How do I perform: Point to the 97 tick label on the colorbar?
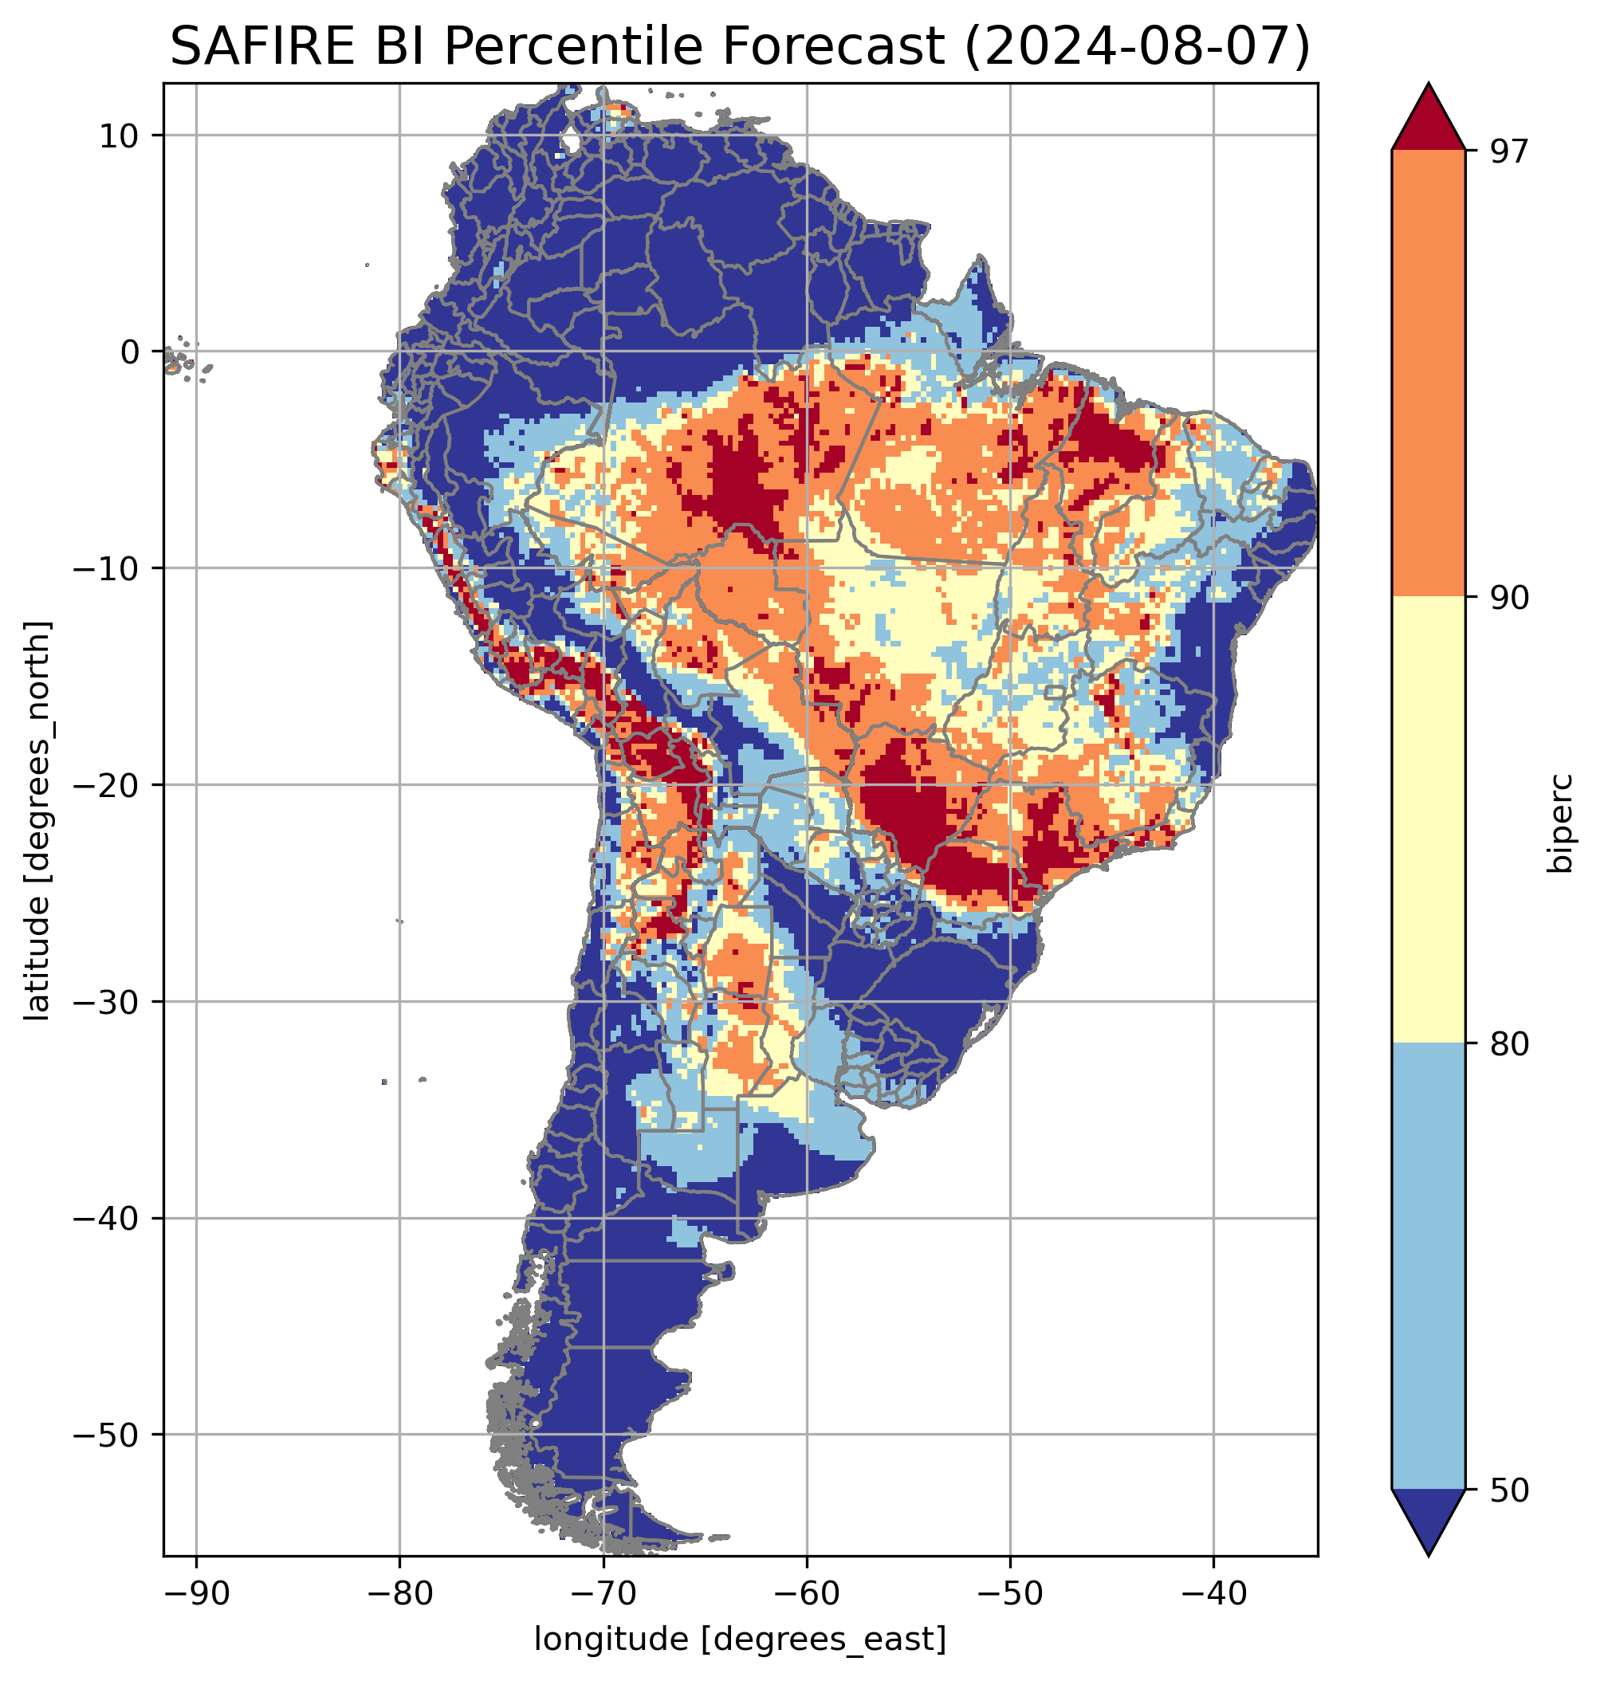tap(1509, 151)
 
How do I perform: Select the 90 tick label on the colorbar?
tap(1509, 598)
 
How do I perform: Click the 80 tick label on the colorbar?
tap(1509, 1044)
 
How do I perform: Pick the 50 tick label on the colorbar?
tap(1509, 1491)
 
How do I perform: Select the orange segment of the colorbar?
tap(1428, 374)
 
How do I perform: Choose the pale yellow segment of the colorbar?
tap(1428, 819)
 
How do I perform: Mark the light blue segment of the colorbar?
tap(1428, 1267)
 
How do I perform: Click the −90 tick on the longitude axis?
tap(196, 1593)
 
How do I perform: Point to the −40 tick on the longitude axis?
tap(1213, 1593)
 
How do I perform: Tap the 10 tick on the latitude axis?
tap(120, 136)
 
